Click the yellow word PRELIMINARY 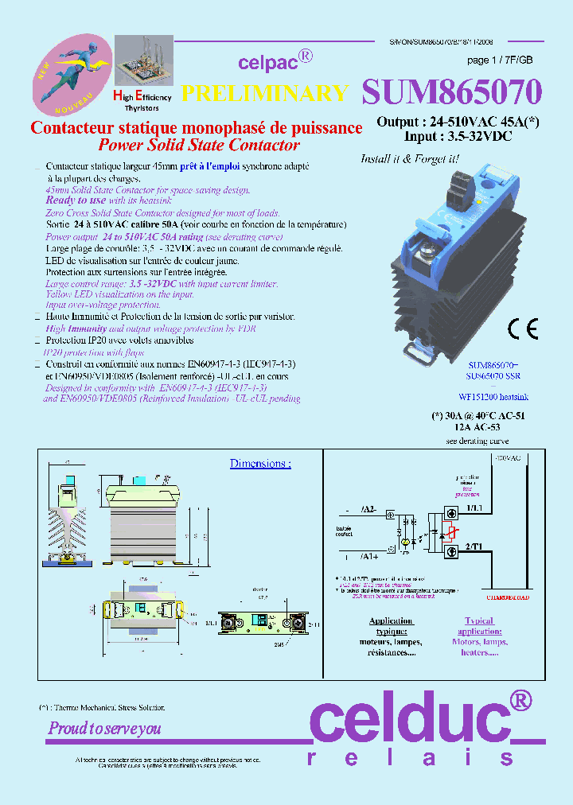click(x=265, y=93)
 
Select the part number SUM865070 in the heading click(x=452, y=92)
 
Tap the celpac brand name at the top click(x=267, y=61)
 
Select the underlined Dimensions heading click(x=260, y=464)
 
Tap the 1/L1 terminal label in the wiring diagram click(x=474, y=507)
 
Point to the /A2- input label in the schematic click(x=369, y=508)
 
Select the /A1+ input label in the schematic click(x=369, y=556)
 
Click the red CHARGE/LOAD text click(x=508, y=597)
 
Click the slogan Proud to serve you click(x=104, y=728)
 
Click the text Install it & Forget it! click(x=410, y=158)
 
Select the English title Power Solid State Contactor click(x=198, y=145)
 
